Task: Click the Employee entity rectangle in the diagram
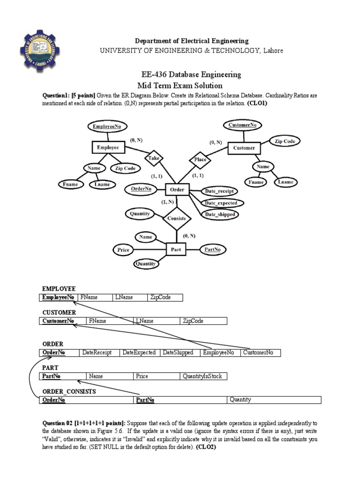tap(108, 147)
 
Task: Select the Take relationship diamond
tap(154, 158)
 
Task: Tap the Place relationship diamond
tap(201, 159)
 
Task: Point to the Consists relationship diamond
tap(176, 218)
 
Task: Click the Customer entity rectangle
tap(244, 148)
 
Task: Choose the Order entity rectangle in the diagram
tap(177, 190)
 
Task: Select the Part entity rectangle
tap(176, 250)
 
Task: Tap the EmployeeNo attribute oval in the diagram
tap(107, 127)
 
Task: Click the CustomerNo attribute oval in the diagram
tap(242, 125)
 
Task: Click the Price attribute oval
tap(123, 250)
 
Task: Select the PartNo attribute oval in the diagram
tap(213, 249)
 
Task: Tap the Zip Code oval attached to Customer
tap(285, 141)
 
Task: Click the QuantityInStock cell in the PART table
tap(203, 376)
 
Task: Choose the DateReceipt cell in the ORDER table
tap(100, 352)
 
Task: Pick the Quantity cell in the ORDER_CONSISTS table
tap(274, 400)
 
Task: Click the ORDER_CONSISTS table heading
tap(69, 391)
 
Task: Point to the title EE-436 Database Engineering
tap(191, 75)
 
